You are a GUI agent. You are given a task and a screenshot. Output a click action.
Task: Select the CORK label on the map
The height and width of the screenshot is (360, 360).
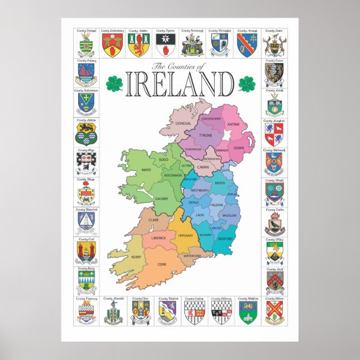[x=162, y=264]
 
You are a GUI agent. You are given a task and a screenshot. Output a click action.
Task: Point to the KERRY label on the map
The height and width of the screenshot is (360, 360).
[x=136, y=256]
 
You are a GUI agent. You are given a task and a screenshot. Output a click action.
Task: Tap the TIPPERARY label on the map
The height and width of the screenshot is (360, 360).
[x=185, y=235]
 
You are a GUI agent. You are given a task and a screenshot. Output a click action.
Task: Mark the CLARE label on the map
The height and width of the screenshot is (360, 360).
[x=153, y=220]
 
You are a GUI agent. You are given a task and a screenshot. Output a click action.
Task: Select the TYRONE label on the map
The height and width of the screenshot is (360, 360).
[x=206, y=136]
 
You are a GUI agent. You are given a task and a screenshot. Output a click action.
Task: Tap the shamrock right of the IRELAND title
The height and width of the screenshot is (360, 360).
[x=247, y=84]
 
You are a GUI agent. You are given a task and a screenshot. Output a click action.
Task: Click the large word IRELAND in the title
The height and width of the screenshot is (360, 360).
[x=180, y=85]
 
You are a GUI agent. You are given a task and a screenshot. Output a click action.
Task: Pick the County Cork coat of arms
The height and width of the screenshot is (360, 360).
[x=86, y=250]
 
